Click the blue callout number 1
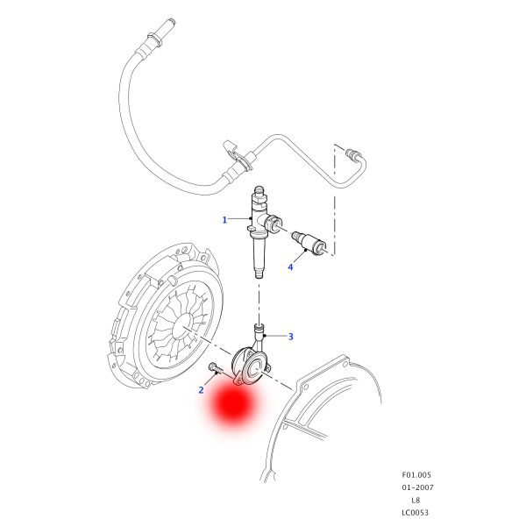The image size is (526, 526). click(x=224, y=220)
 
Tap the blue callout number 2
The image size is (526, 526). click(x=201, y=390)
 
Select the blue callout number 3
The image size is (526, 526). click(x=290, y=337)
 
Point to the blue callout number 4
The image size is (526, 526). click(x=290, y=267)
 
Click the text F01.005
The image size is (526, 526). click(x=416, y=474)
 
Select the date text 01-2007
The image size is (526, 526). click(x=417, y=487)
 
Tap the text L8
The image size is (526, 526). click(x=416, y=500)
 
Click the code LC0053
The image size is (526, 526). click(x=416, y=513)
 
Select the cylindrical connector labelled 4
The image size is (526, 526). click(x=309, y=242)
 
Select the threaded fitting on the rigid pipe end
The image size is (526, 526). click(x=352, y=153)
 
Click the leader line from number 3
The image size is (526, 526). click(x=276, y=336)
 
